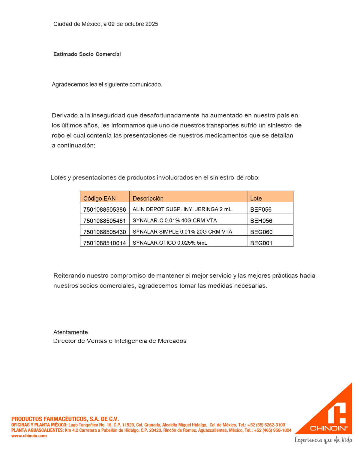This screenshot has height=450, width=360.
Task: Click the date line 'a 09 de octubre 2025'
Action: (x=131, y=24)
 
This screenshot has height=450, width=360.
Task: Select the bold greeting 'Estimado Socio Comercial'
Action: (x=87, y=54)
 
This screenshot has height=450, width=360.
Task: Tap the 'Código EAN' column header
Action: (x=99, y=198)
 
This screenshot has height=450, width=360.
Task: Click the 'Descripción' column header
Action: (x=148, y=198)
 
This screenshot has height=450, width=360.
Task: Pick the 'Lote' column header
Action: (x=256, y=198)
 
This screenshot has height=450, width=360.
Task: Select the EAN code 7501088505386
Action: (x=104, y=210)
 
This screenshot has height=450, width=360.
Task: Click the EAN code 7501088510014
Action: (x=104, y=243)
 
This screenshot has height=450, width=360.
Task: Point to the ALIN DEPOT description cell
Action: (x=182, y=209)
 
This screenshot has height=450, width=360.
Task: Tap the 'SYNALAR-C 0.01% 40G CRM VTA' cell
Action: (x=175, y=220)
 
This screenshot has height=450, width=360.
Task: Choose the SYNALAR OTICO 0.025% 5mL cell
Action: (x=170, y=243)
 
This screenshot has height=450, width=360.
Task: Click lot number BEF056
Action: (x=261, y=210)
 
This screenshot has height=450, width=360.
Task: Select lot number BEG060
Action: (x=261, y=232)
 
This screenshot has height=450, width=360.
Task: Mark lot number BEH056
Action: (x=261, y=221)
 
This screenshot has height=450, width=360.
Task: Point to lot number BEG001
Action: (x=261, y=243)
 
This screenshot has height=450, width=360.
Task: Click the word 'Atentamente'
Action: (x=70, y=332)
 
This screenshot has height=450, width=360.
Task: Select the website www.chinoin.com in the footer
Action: (x=29, y=436)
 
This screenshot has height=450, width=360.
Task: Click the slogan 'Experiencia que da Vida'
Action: (x=323, y=440)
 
